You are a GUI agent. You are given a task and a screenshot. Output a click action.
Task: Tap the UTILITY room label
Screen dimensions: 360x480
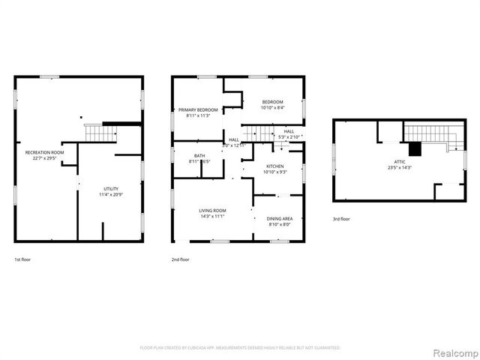pos(110,188)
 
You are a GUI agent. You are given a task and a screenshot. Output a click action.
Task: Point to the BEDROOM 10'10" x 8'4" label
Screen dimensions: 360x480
pos(272,102)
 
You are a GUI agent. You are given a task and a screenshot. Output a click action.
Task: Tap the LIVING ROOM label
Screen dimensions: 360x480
pos(212,211)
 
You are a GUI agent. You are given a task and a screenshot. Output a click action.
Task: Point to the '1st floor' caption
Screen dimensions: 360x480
pos(22,259)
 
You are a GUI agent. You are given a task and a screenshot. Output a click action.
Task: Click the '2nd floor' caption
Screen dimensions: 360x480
pos(180,259)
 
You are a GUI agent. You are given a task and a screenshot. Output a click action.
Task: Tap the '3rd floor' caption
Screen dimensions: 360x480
pos(341,219)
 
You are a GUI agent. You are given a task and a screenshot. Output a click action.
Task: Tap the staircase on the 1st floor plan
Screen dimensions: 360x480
pos(97,133)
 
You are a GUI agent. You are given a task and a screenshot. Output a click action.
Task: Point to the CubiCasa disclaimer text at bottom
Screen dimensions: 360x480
pos(240,348)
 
